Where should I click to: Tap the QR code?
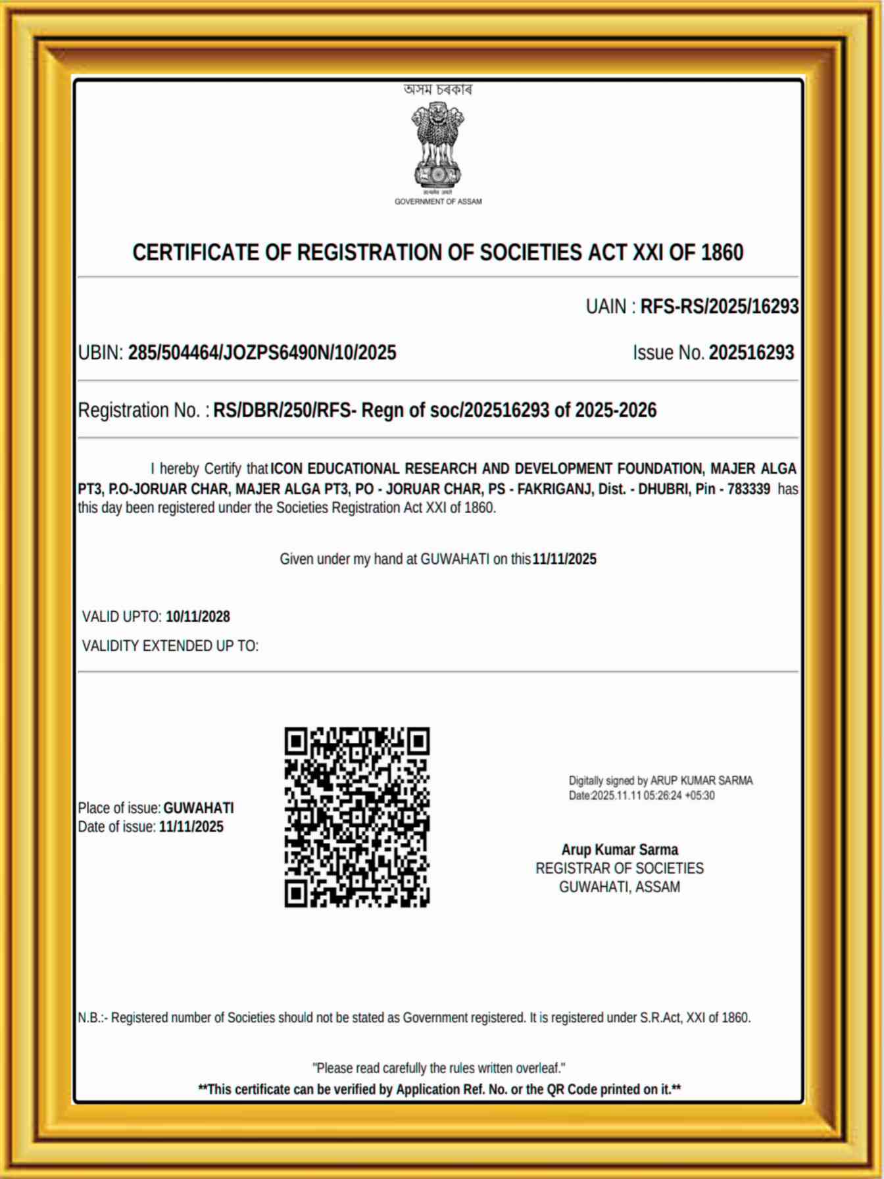pos(357,817)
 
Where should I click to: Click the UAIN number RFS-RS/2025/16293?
pos(720,307)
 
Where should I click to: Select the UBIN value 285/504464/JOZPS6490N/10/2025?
pos(262,353)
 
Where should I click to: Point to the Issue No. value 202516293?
pos(751,353)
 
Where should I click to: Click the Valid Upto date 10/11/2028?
pos(198,617)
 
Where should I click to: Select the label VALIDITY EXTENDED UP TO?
pos(170,646)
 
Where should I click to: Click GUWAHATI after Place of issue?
pos(199,808)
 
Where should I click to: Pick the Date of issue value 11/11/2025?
pos(191,827)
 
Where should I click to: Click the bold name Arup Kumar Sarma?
pos(620,850)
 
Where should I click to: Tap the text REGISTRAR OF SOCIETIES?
pos(620,868)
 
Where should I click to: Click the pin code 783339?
pos(749,489)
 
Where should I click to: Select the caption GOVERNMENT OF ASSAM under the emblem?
pos(438,202)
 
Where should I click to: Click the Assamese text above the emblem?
pos(438,89)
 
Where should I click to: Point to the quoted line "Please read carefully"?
pos(439,1068)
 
